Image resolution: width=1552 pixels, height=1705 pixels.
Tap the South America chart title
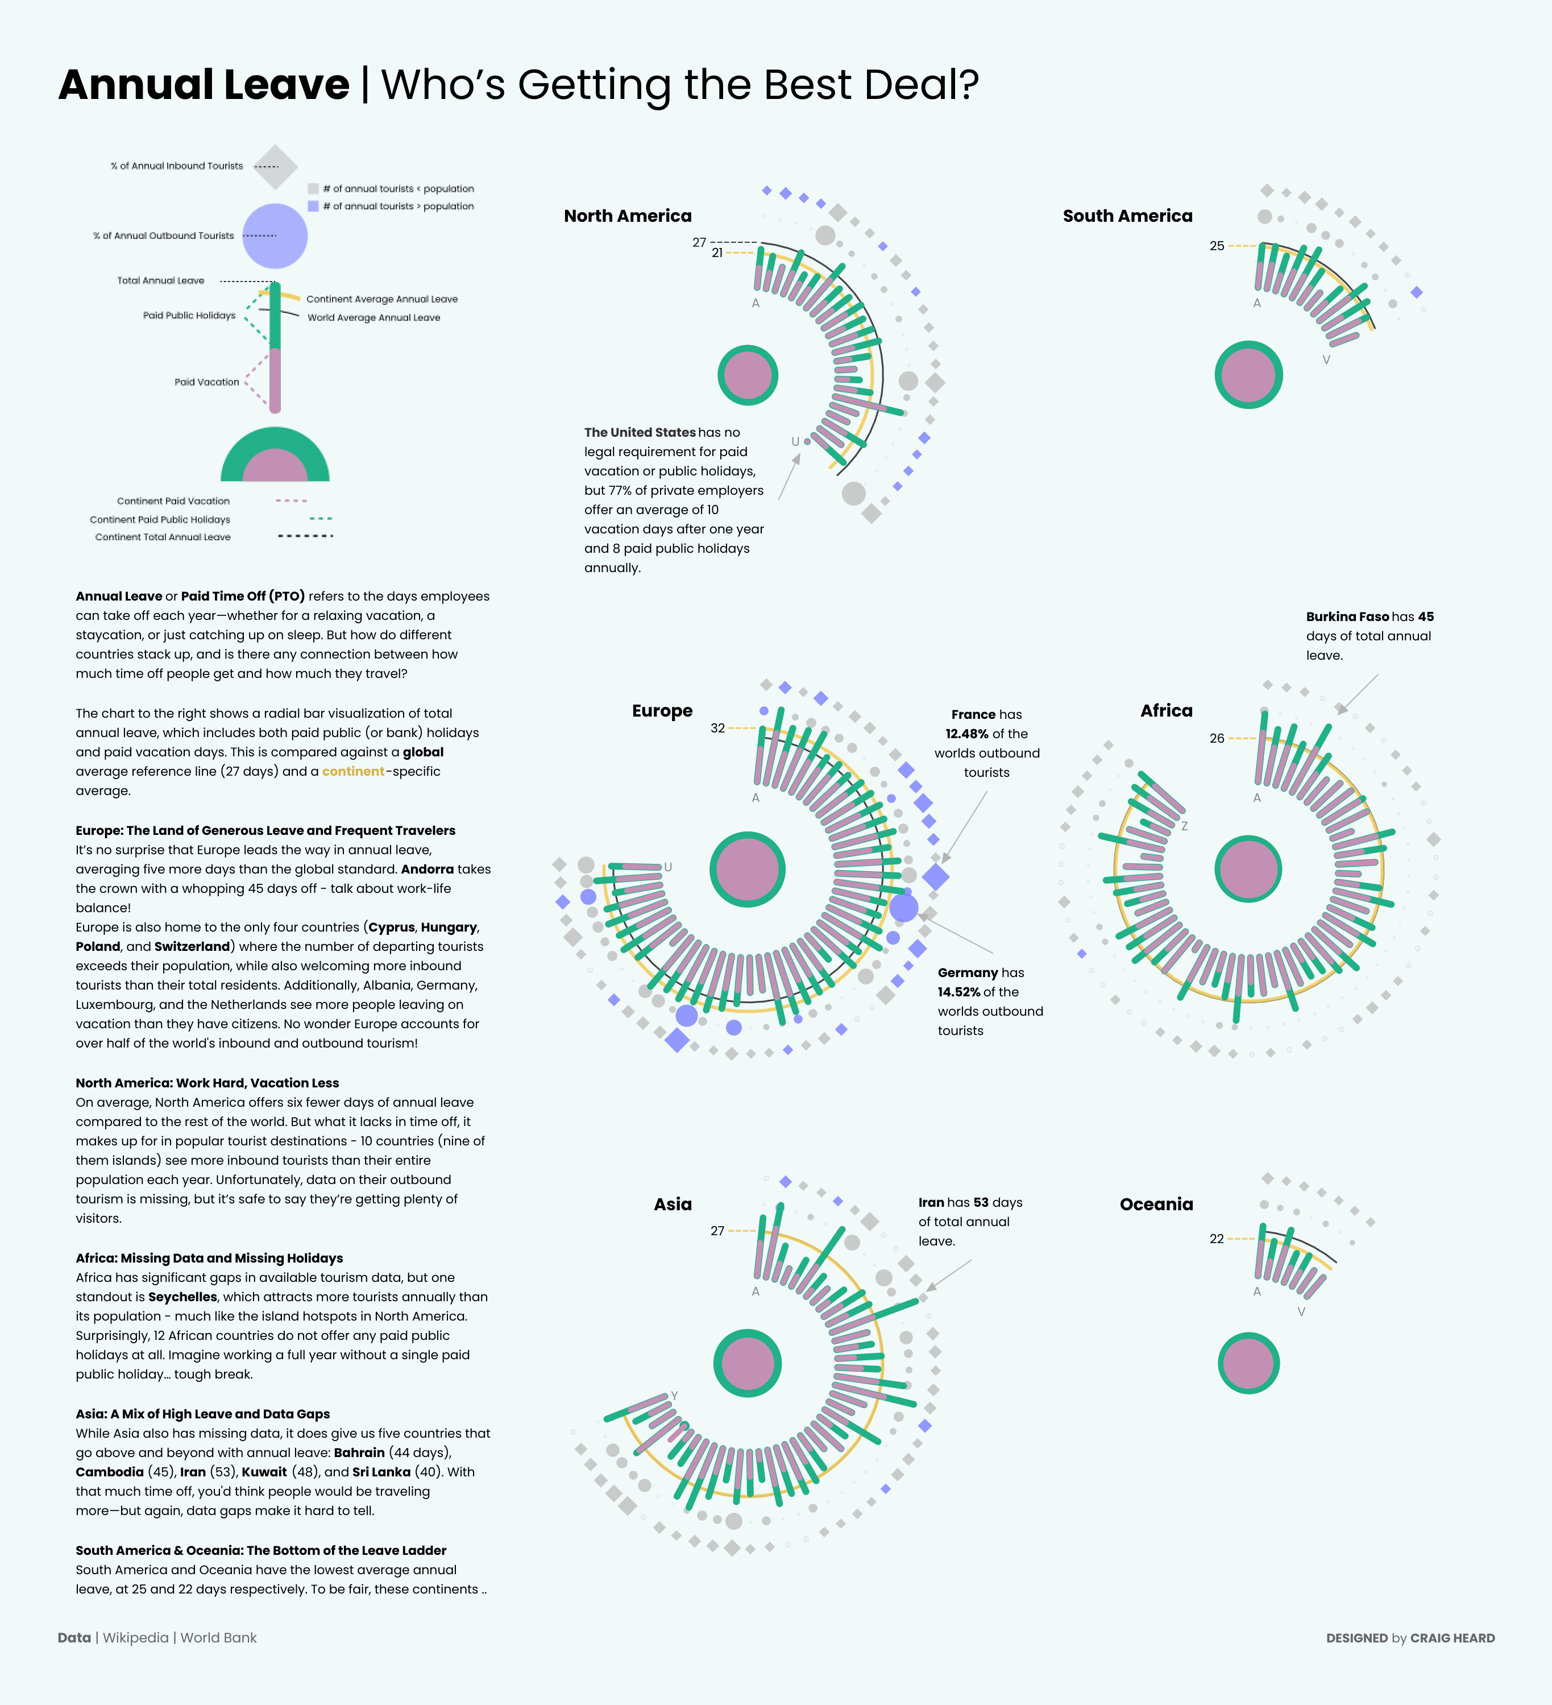click(1128, 216)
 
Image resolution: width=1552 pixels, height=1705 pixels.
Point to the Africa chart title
click(1167, 710)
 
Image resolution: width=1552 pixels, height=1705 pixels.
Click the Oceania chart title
click(1156, 1205)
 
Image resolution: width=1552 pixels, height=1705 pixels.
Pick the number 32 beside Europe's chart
click(717, 728)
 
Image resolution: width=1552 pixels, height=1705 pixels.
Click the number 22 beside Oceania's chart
click(1217, 1239)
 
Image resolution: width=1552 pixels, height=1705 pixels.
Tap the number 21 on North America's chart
click(717, 253)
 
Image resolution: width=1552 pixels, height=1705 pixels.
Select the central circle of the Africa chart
click(1248, 870)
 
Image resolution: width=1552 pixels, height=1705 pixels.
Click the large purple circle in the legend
click(275, 236)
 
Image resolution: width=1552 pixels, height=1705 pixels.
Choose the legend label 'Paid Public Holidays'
click(189, 316)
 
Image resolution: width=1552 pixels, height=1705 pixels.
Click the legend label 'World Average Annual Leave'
click(374, 318)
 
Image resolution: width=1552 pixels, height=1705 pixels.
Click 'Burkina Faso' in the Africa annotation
click(1347, 616)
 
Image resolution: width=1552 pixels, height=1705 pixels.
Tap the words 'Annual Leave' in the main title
click(204, 85)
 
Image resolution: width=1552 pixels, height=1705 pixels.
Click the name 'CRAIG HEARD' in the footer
click(1453, 1638)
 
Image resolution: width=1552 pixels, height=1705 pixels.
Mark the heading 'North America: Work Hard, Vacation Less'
click(207, 1083)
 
